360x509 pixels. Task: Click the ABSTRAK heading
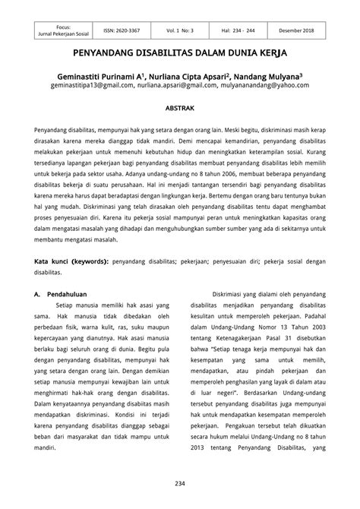click(180, 109)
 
